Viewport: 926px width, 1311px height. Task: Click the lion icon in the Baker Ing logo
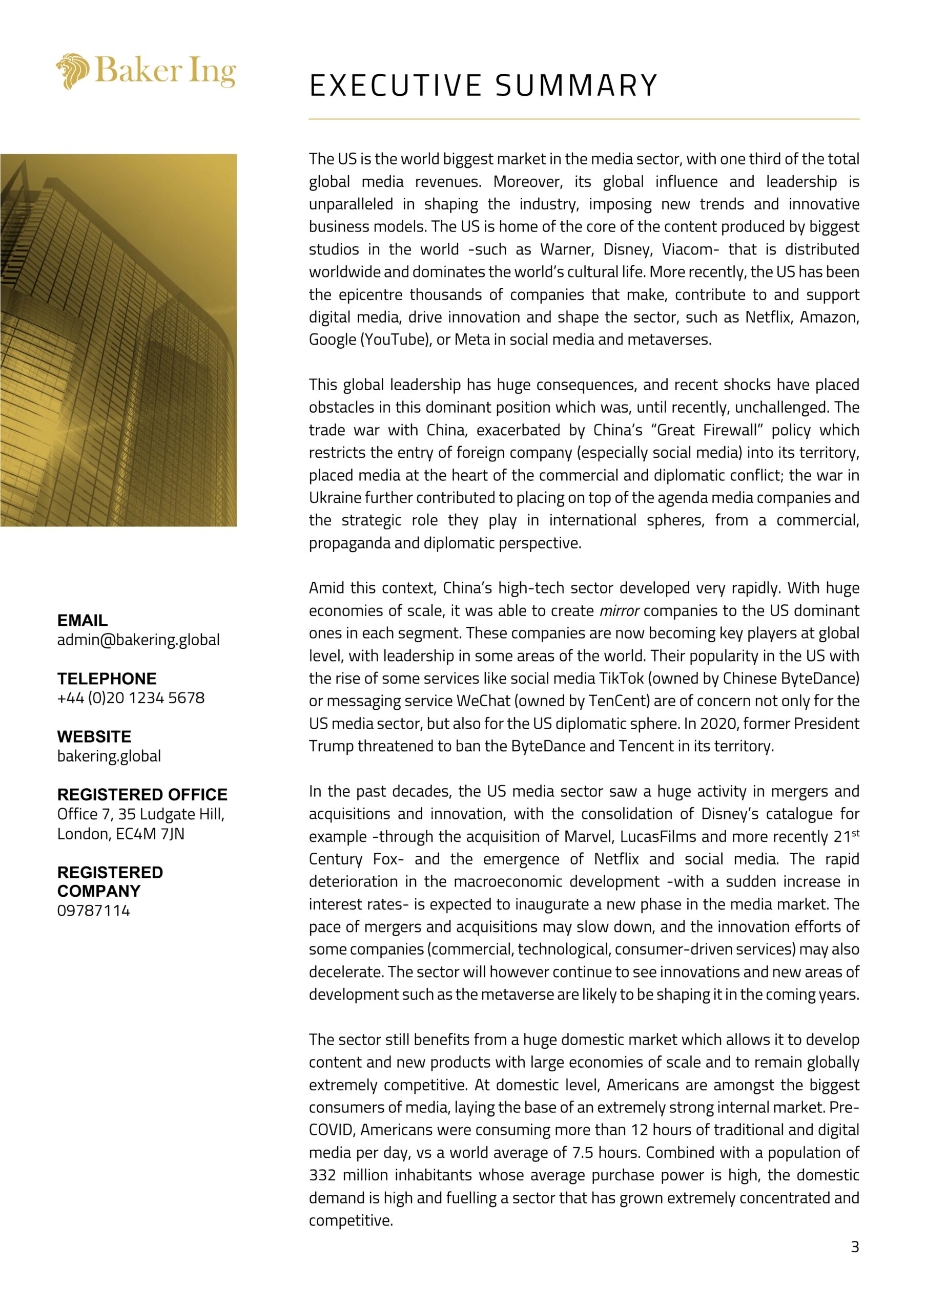[x=73, y=71]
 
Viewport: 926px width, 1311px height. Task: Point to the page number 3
[x=855, y=1246]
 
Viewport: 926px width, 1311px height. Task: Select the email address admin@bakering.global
[x=138, y=640]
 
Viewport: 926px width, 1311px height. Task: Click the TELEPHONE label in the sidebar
[x=107, y=679]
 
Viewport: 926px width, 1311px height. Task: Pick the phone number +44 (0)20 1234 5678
[x=131, y=698]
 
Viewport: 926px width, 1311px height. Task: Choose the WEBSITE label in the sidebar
[x=94, y=736]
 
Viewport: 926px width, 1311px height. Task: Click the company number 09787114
[x=94, y=910]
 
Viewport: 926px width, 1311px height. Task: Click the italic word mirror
[x=619, y=611]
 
